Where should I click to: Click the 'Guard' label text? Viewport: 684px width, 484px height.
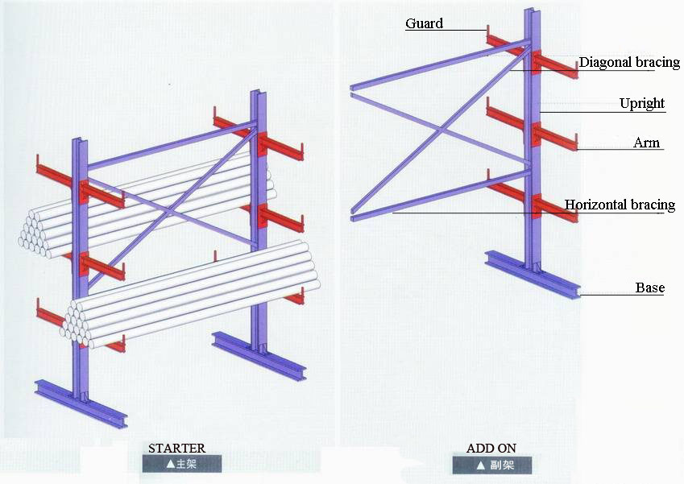[424, 23]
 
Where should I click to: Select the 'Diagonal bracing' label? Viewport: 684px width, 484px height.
[629, 62]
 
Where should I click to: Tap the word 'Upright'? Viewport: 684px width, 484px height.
[642, 103]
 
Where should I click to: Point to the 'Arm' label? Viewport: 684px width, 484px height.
[646, 143]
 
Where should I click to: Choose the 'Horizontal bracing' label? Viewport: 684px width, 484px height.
[620, 205]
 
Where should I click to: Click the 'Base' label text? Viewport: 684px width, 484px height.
[650, 288]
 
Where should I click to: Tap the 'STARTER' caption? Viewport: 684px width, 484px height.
[176, 449]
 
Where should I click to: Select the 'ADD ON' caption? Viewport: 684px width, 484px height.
[491, 449]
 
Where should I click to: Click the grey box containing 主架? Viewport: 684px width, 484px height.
[181, 464]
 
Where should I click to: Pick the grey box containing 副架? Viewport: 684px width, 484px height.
[492, 465]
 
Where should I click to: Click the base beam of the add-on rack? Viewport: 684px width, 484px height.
[533, 275]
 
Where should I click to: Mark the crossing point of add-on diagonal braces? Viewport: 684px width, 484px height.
[441, 130]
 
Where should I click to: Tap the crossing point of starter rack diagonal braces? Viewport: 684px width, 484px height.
[168, 212]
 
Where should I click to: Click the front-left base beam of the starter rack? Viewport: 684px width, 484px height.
[81, 403]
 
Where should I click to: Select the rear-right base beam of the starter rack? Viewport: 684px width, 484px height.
[259, 356]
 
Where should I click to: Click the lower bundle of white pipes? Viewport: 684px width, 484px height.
[191, 296]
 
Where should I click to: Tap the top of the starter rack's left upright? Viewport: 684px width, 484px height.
[80, 141]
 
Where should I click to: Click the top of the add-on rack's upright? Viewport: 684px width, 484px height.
[533, 10]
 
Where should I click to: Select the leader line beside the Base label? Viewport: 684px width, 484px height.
[623, 296]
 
